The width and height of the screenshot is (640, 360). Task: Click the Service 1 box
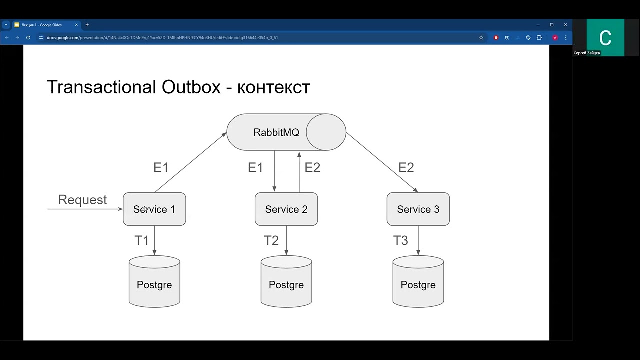coord(154,209)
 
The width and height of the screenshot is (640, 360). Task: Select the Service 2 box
coord(286,209)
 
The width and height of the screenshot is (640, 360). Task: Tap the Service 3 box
coord(418,209)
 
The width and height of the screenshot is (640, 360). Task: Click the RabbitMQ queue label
coord(276,132)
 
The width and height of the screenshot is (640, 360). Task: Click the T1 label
coord(142,241)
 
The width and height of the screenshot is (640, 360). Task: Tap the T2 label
coord(271,241)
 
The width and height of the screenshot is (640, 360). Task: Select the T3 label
coord(401,241)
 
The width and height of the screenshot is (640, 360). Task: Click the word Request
coord(82,200)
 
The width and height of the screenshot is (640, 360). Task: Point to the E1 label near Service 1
coord(161,168)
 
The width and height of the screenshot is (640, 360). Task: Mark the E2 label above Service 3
coord(406,168)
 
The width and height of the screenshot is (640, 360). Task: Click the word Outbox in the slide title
coord(191,87)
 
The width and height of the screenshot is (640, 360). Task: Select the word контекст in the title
coord(274,88)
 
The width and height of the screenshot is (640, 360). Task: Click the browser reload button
coord(28,37)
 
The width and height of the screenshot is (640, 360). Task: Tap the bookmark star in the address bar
coord(481,37)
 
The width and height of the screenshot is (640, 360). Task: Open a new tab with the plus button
coord(87,25)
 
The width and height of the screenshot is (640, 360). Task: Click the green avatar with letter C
coord(605,37)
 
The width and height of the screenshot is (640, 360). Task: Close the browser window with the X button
coord(565,25)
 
